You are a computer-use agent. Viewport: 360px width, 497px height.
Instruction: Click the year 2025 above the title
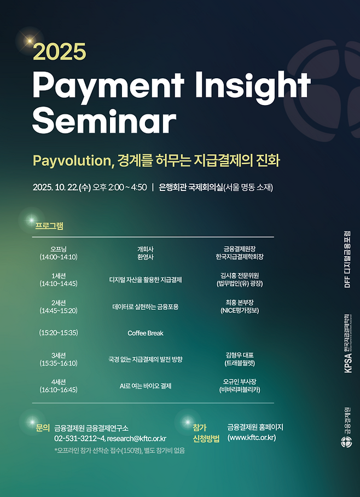click(59, 51)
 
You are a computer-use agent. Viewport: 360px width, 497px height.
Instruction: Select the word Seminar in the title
click(104, 118)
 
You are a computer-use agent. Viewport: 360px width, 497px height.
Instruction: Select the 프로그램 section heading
click(49, 226)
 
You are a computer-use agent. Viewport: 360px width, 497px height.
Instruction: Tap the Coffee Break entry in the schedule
click(146, 333)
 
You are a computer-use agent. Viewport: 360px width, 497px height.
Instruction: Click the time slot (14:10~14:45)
click(58, 284)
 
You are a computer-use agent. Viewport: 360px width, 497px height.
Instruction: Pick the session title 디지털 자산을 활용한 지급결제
click(146, 280)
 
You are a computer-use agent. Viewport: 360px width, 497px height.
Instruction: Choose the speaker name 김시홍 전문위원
click(240, 275)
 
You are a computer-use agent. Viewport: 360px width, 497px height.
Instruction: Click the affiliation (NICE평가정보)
click(240, 311)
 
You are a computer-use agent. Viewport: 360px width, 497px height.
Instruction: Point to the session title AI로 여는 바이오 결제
click(146, 386)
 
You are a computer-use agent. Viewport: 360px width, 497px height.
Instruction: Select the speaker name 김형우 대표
click(240, 355)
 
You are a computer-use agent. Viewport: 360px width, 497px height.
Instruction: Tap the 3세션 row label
click(58, 355)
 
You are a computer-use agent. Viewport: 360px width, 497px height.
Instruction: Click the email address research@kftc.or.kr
click(136, 438)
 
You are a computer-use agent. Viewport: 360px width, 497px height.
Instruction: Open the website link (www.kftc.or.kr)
click(252, 437)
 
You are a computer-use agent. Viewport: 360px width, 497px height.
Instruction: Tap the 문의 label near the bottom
click(43, 427)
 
